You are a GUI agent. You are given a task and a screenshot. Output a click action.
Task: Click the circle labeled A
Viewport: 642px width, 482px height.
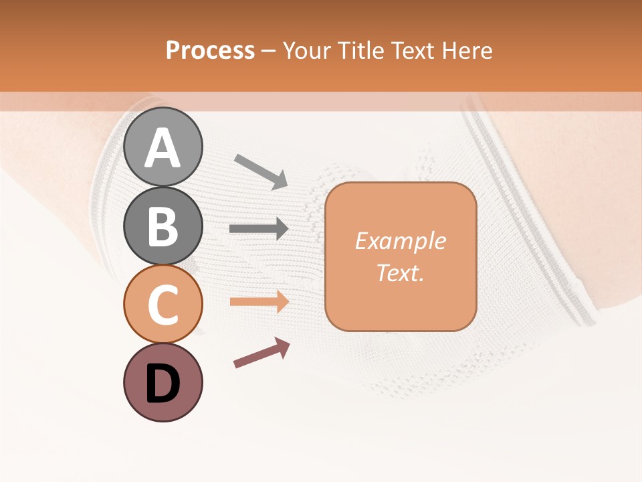[163, 147]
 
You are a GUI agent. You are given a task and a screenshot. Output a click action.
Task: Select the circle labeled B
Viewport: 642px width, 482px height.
[163, 226]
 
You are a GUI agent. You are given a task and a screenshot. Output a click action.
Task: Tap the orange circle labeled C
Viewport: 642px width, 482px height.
[163, 304]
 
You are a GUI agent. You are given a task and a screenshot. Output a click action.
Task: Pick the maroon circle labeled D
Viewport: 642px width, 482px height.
[163, 382]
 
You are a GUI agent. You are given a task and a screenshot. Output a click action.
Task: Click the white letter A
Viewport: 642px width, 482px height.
[163, 148]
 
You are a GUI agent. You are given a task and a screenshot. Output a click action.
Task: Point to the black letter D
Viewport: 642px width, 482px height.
[163, 384]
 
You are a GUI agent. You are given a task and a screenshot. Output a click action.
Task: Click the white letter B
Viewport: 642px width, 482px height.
[163, 226]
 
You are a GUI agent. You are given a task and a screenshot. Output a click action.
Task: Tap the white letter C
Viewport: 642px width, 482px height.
[163, 305]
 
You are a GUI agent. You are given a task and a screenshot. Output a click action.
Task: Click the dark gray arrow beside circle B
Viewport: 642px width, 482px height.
[259, 229]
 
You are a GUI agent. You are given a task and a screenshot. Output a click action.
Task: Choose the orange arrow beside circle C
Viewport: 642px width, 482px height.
[259, 301]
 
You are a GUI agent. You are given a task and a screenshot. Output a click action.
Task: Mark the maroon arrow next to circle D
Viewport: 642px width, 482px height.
[261, 353]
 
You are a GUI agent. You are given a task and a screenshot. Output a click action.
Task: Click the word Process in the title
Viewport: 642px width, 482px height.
[210, 50]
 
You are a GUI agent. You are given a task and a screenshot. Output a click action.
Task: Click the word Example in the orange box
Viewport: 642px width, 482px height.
[400, 241]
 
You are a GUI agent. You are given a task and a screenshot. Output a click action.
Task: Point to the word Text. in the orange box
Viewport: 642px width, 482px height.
[400, 273]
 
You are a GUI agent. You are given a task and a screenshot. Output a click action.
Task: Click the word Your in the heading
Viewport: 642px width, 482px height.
[306, 50]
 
